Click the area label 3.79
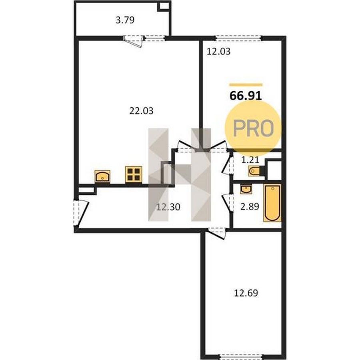click(x=125, y=20)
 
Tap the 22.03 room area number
click(x=141, y=111)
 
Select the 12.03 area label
click(x=218, y=52)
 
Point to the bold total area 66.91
click(x=246, y=96)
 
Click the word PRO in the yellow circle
click(x=254, y=128)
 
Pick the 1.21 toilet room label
click(x=250, y=160)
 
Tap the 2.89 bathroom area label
click(x=250, y=207)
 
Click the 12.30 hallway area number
click(x=168, y=207)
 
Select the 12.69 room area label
click(x=246, y=293)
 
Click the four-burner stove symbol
click(x=134, y=174)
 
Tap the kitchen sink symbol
click(x=102, y=176)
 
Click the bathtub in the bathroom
click(x=272, y=203)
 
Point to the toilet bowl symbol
click(x=255, y=171)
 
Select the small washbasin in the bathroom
click(x=246, y=189)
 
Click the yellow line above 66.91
click(x=246, y=85)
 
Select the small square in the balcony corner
click(x=164, y=6)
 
